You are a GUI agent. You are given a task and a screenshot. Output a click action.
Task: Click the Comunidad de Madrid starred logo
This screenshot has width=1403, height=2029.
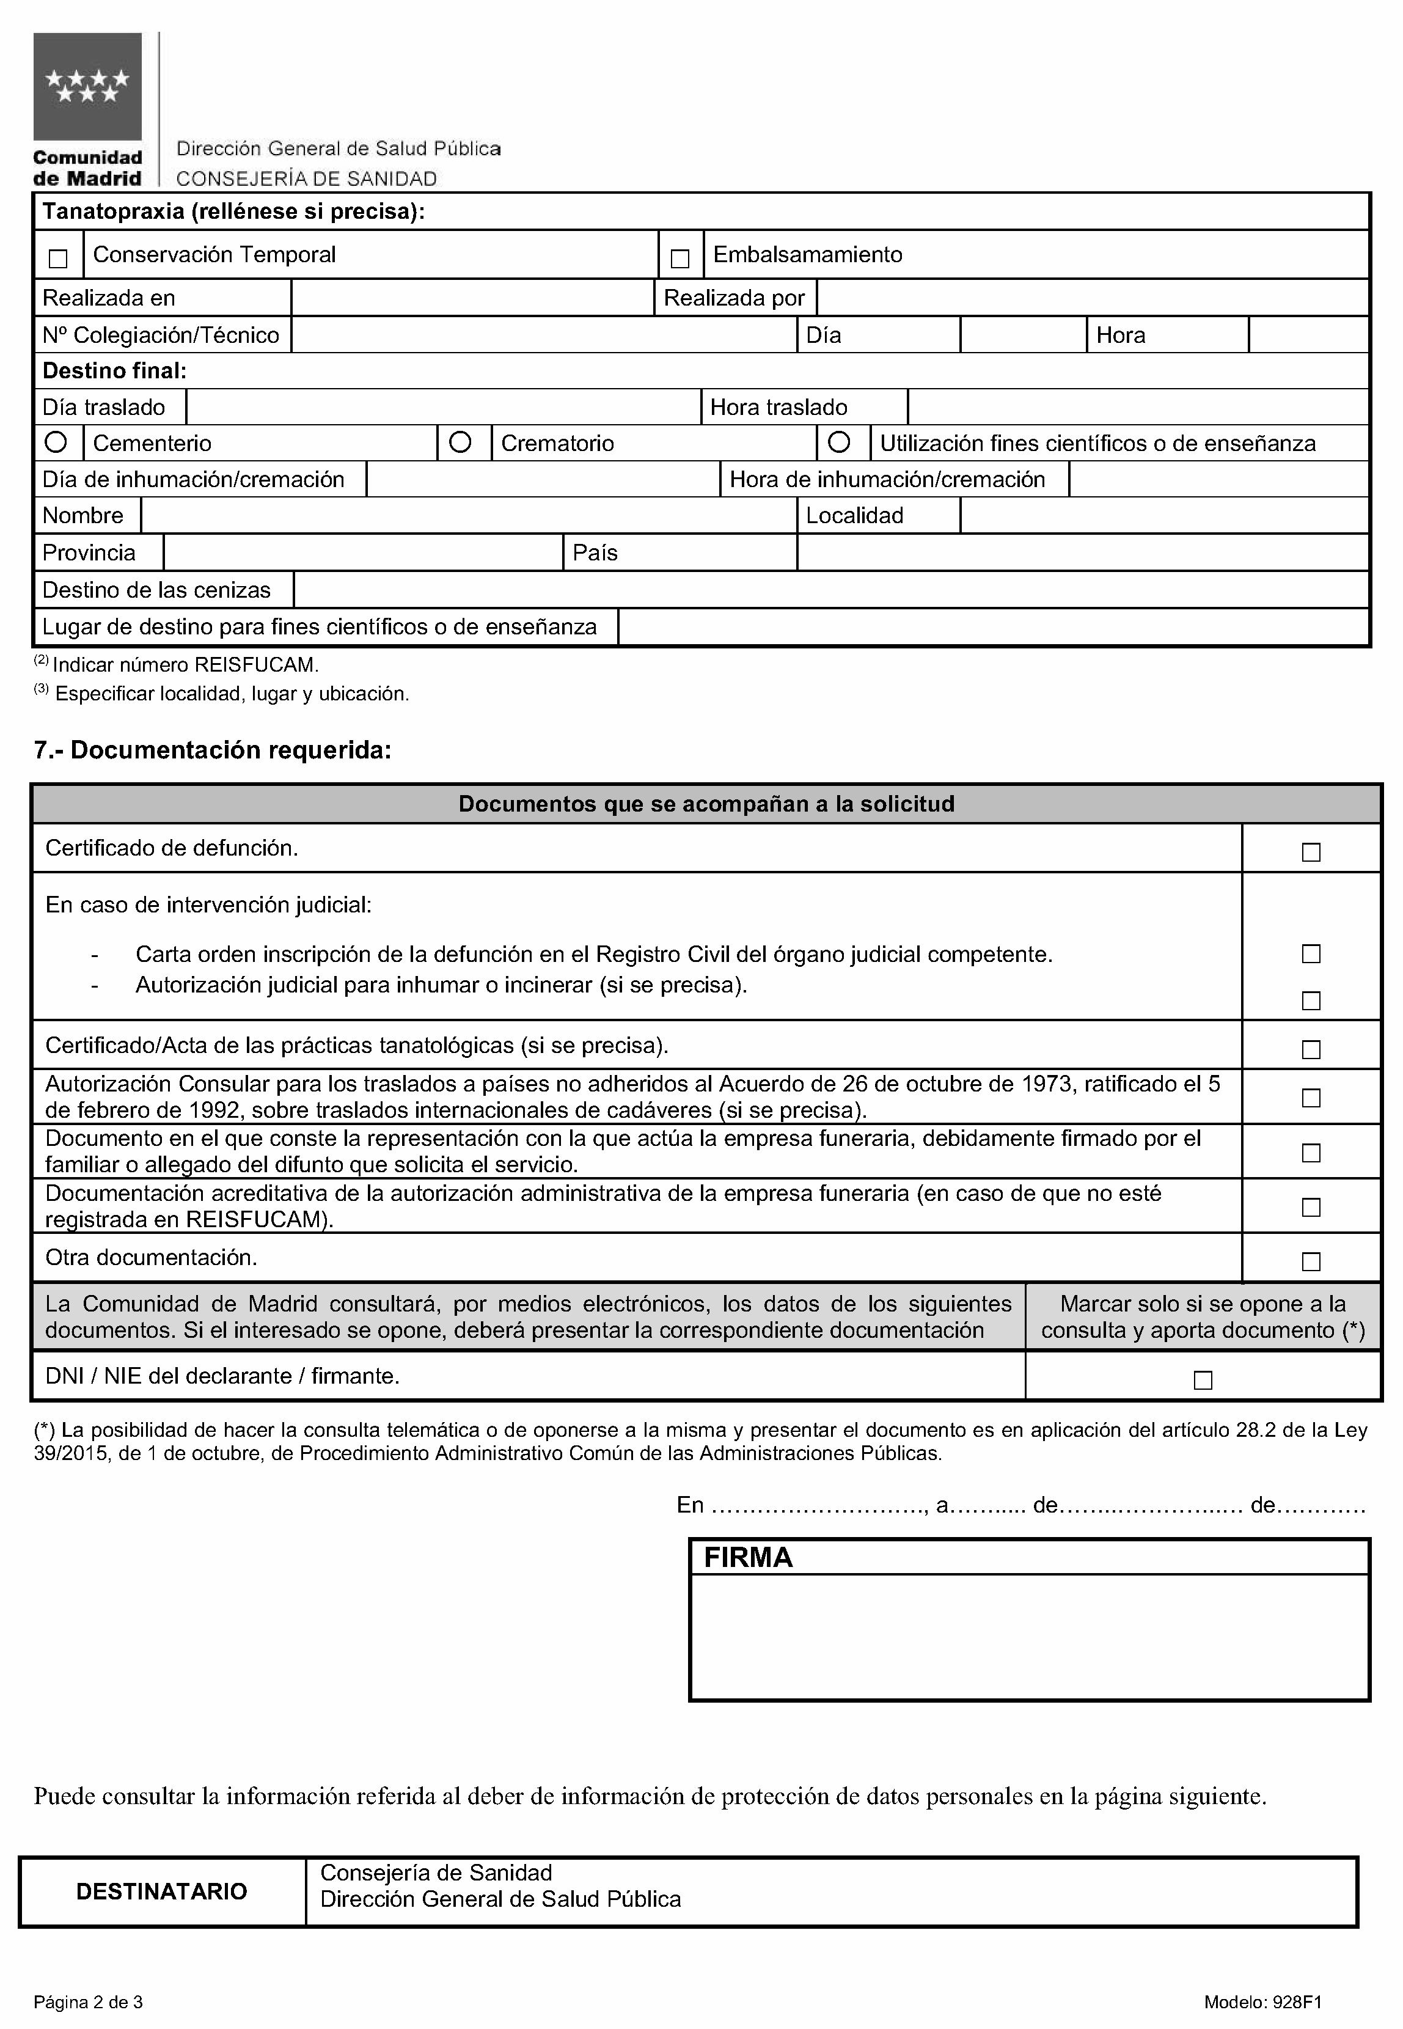coord(87,86)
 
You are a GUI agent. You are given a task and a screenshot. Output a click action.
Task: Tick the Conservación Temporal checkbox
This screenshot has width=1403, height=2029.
coord(58,259)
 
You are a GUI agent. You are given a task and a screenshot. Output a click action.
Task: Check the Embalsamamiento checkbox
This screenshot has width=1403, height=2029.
coord(680,259)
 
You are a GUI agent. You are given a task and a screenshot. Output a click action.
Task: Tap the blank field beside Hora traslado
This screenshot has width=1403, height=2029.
coord(1138,407)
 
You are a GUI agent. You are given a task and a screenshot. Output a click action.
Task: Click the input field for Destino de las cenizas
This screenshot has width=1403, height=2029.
coord(830,590)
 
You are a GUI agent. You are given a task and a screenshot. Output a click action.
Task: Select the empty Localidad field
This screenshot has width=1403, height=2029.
coord(1164,516)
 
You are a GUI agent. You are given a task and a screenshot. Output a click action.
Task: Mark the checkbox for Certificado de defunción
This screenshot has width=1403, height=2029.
coord(1311,852)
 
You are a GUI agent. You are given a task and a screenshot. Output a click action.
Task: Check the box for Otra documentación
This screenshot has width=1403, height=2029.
coord(1311,1261)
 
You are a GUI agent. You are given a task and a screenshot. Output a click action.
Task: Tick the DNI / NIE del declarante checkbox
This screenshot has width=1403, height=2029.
coord(1203,1380)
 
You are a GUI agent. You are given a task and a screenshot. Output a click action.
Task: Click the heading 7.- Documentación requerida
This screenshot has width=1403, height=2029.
coord(213,750)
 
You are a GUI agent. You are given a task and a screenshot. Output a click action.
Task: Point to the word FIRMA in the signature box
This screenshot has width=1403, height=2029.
coord(748,1557)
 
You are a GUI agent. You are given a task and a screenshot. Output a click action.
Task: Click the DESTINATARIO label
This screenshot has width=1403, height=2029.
coord(162,1891)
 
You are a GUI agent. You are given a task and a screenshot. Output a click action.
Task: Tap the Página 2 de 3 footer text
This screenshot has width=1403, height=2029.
coord(88,2001)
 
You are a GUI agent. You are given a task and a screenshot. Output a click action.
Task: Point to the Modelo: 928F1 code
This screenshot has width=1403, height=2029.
coord(1262,2001)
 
